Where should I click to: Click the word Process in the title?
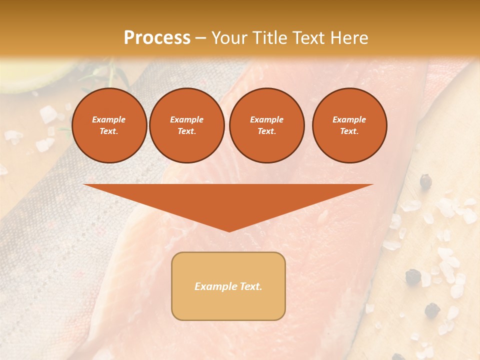157,37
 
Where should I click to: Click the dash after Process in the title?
200,38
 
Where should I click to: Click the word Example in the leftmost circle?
109,119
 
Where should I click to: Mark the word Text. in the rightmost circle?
349,131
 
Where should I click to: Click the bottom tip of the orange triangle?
229,230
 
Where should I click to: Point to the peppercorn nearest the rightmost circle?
425,181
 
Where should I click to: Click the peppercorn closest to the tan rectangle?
413,276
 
